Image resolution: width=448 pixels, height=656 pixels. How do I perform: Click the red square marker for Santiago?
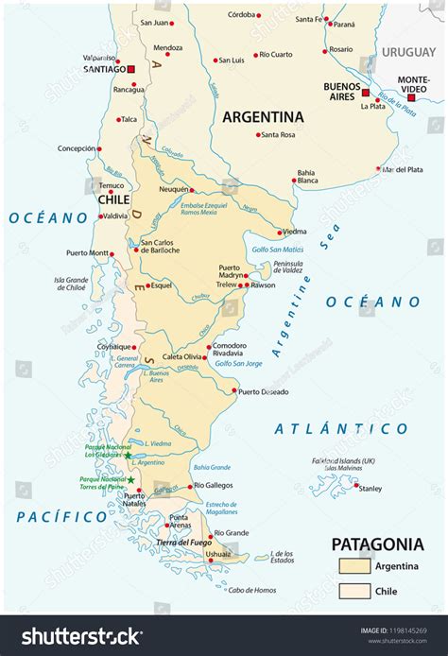[x=132, y=69]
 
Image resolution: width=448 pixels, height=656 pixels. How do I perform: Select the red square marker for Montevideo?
[x=410, y=96]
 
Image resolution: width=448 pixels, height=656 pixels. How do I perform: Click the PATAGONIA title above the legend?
[x=376, y=544]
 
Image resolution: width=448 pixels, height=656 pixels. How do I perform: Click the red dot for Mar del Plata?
[x=378, y=170]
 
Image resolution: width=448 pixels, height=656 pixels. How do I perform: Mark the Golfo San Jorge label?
[x=238, y=363]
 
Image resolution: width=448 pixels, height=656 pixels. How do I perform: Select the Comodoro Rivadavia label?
[x=230, y=350]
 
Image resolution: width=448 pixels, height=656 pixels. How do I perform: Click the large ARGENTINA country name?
[x=263, y=116]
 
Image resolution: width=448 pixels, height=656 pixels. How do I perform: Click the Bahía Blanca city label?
[x=306, y=177]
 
